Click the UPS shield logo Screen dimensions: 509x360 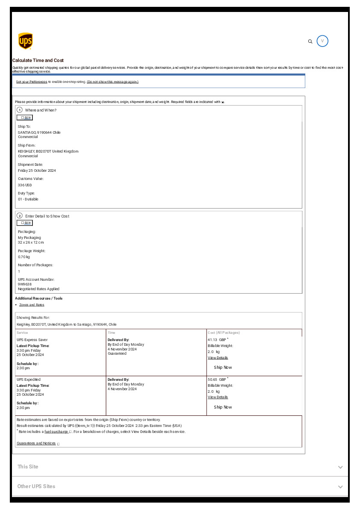[x=26, y=41]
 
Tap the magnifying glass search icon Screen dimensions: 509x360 [x=310, y=41]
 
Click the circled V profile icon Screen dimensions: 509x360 [x=322, y=41]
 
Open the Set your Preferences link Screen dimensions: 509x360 [x=32, y=82]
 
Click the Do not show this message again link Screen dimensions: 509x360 [x=112, y=82]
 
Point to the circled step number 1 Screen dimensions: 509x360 [x=20, y=110]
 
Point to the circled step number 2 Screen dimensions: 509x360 [x=20, y=216]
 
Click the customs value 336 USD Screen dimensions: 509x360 [x=25, y=185]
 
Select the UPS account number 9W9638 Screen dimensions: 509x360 [x=25, y=284]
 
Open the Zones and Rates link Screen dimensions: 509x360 [x=32, y=305]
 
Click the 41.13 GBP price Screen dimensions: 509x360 [x=217, y=340]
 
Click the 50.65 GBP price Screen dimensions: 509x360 [x=217, y=379]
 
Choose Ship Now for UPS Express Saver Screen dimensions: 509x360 [x=223, y=368]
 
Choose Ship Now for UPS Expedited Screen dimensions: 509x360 [x=223, y=407]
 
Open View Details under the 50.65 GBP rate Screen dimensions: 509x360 [x=218, y=397]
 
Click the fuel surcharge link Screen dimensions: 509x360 [x=56, y=432]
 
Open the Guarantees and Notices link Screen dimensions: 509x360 [x=36, y=443]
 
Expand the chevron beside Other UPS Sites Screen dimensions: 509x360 [x=340, y=487]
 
